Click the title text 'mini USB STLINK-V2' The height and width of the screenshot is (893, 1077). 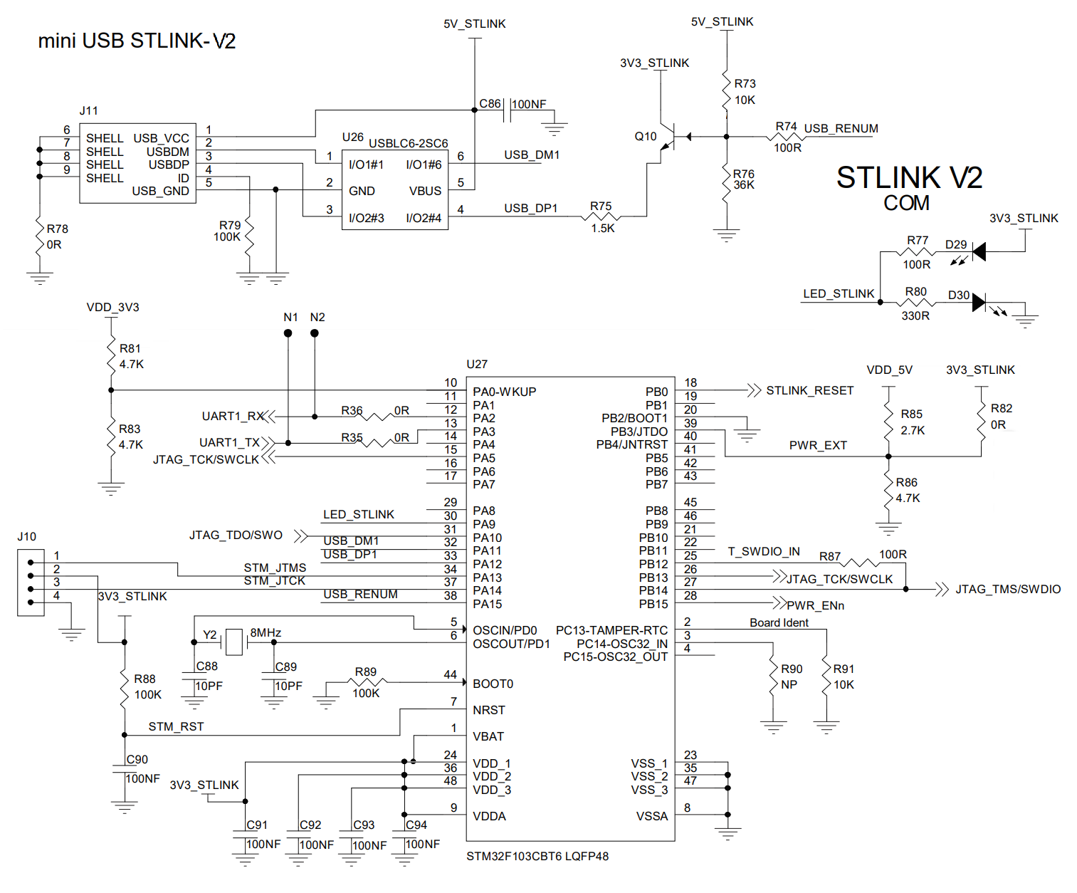click(x=137, y=41)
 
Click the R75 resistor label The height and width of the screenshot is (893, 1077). click(x=601, y=206)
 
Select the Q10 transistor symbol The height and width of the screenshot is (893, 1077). click(x=669, y=137)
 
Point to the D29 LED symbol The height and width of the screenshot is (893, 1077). click(x=979, y=251)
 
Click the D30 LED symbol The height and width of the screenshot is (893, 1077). click(x=979, y=303)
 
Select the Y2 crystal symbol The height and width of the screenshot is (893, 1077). click(x=234, y=642)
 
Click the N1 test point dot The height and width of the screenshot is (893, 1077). click(x=288, y=333)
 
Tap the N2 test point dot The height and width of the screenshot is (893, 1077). click(x=315, y=333)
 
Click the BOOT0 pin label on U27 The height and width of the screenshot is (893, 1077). click(x=493, y=684)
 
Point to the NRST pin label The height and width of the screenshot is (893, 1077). click(x=488, y=710)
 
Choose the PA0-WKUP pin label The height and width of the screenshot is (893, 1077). click(x=504, y=392)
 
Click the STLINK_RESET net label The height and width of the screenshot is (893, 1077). click(x=809, y=390)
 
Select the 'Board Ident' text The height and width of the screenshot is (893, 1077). click(x=779, y=622)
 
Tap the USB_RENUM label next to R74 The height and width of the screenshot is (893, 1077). click(x=841, y=128)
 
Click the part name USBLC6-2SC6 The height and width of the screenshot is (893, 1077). click(x=408, y=143)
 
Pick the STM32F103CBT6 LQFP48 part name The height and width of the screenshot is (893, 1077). click(x=537, y=856)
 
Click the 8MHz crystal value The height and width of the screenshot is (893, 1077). click(x=266, y=632)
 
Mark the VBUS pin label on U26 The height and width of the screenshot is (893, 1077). click(x=425, y=191)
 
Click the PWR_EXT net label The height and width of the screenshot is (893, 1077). click(x=818, y=445)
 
